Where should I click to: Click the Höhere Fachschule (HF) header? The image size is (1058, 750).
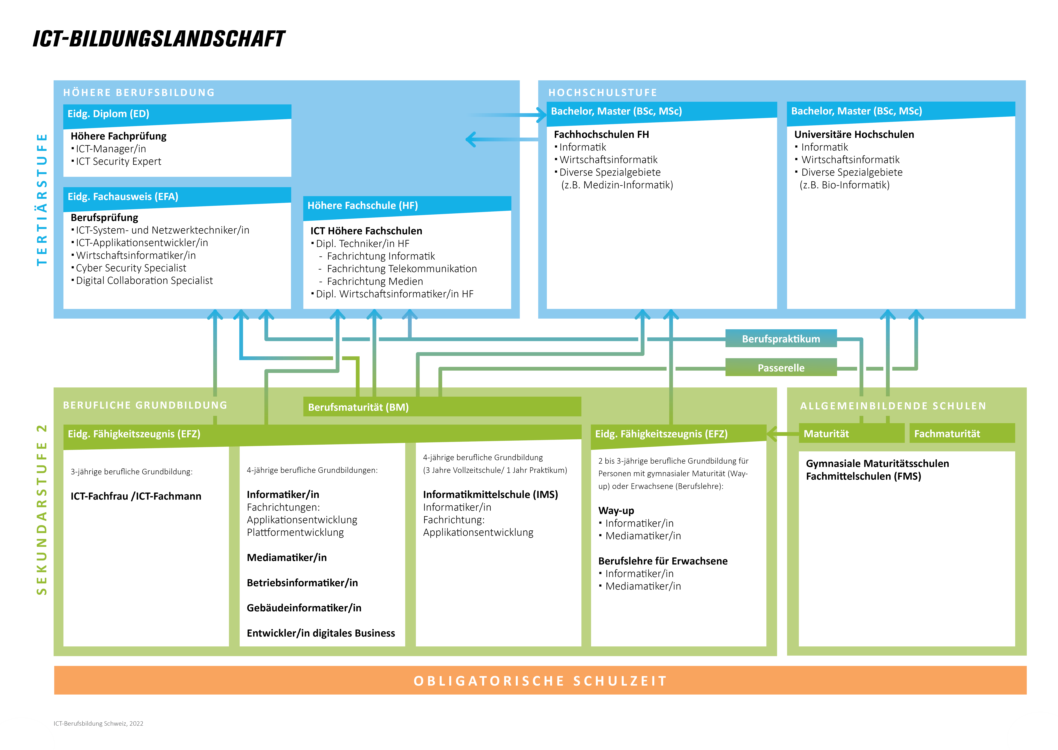(407, 205)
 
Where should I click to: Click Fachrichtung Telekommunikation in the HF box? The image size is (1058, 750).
(402, 269)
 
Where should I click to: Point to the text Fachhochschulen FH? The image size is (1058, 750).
(601, 134)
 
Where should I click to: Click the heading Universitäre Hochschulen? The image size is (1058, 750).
(854, 134)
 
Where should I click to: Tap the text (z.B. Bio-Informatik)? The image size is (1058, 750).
(844, 185)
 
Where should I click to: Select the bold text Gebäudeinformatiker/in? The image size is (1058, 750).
(304, 608)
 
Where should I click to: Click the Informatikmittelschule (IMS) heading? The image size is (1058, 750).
(490, 495)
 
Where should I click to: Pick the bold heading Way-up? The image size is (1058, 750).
(616, 511)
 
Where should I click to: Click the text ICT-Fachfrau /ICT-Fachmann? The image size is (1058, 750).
(136, 496)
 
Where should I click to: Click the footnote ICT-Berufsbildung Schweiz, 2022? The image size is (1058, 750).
(99, 724)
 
